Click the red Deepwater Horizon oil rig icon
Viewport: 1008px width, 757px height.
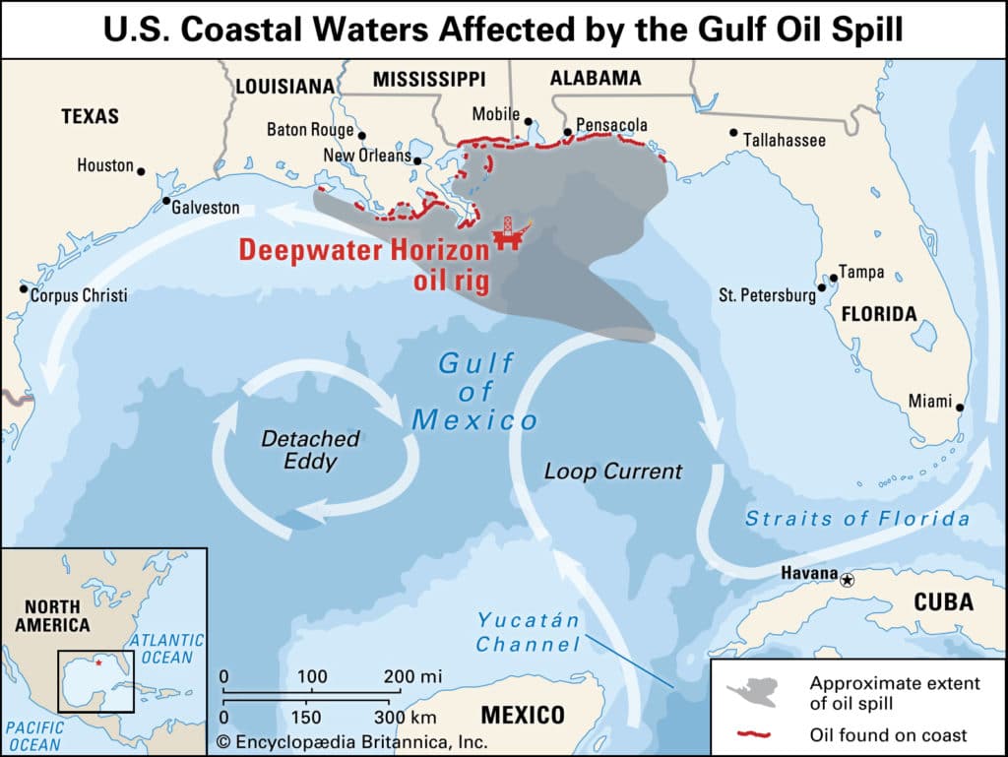(x=508, y=233)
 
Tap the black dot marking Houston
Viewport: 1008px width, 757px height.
(x=141, y=171)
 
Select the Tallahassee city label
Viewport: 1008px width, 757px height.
(x=784, y=141)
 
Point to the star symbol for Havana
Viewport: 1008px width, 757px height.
(x=849, y=581)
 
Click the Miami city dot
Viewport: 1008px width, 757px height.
(x=960, y=408)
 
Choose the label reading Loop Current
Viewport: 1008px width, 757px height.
(x=612, y=472)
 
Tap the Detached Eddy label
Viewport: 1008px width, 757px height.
(x=310, y=449)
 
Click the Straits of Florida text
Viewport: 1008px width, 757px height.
(x=856, y=518)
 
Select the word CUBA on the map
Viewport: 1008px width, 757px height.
(x=944, y=602)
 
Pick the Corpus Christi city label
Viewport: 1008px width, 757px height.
(x=79, y=294)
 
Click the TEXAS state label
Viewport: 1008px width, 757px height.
(x=90, y=116)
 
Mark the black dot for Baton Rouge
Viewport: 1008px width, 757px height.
(x=362, y=136)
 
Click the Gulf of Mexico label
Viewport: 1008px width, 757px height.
(x=475, y=392)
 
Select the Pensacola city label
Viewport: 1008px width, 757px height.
(x=611, y=125)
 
